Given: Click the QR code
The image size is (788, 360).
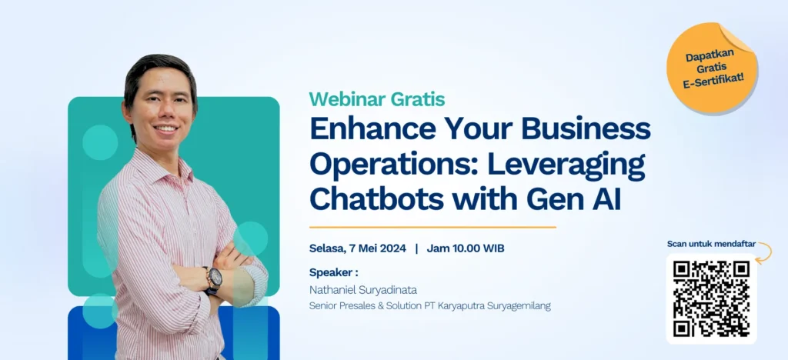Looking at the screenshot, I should coord(711,298).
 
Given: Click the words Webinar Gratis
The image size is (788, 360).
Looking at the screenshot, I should coord(376,99).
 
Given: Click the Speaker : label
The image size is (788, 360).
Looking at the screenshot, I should coord(333,272).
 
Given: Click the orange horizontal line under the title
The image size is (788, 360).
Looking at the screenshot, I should coord(432,227).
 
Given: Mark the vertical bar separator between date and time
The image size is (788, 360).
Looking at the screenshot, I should coord(416,248).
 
